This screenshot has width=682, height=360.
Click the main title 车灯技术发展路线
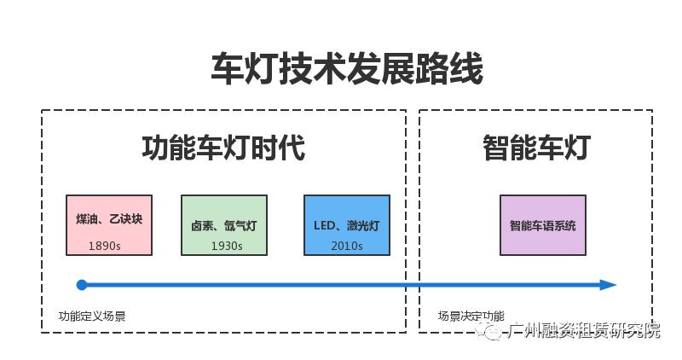(x=347, y=69)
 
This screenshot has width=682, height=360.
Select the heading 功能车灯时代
(x=223, y=148)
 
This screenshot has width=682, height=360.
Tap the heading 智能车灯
(x=535, y=148)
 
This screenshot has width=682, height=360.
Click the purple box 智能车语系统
(x=543, y=225)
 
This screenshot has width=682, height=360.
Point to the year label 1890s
(x=105, y=246)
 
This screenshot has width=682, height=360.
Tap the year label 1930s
(x=227, y=246)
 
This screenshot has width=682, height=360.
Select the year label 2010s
(x=347, y=246)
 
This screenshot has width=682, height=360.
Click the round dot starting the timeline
(x=82, y=285)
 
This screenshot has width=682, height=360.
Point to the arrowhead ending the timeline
(x=607, y=285)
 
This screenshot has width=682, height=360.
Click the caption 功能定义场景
(x=92, y=316)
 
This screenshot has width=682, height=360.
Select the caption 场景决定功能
(x=471, y=316)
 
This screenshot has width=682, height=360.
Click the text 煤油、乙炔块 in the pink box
(x=109, y=219)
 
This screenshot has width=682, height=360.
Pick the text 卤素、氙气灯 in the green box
(x=224, y=226)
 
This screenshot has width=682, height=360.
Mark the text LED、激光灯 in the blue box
(x=347, y=226)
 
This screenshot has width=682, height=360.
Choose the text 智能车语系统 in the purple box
(x=543, y=226)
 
